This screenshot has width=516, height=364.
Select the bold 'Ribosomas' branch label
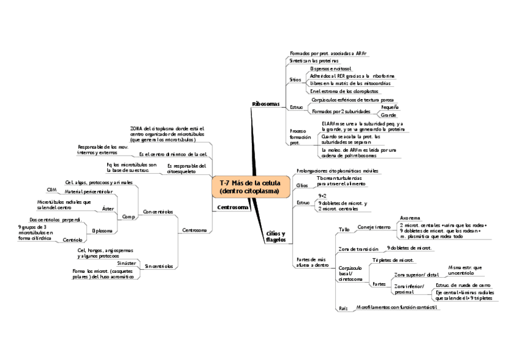coord(265,105)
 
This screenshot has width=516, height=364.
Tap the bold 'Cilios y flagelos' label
coord(276,236)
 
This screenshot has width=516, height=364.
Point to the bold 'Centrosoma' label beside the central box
coord(233,208)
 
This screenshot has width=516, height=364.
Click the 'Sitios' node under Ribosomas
coord(295,80)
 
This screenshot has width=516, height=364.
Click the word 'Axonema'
coord(410,217)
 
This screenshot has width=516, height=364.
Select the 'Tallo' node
coord(344,230)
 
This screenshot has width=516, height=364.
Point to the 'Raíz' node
coord(343,309)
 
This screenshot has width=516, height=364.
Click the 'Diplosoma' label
coord(102,230)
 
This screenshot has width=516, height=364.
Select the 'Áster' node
coord(108,208)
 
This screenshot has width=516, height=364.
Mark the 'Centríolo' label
coord(73,240)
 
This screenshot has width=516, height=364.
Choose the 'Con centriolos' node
coord(158,212)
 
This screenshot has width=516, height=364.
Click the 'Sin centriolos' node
coord(158,266)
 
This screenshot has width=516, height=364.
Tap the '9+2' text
coord(323,196)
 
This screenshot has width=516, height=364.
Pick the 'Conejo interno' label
coord(374,227)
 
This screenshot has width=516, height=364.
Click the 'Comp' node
coord(128,216)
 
